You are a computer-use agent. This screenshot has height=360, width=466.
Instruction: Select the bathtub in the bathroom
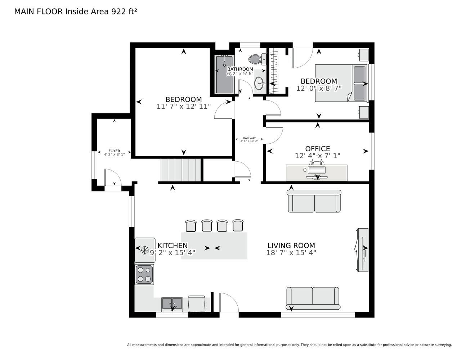(224, 75)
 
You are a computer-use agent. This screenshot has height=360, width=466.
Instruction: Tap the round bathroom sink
(260, 83)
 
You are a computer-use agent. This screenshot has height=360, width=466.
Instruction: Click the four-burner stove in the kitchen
(144, 274)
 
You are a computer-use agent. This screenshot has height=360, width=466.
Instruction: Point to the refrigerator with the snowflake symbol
(145, 250)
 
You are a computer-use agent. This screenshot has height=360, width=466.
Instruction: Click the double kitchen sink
(172, 304)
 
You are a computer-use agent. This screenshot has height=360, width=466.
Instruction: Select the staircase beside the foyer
(181, 170)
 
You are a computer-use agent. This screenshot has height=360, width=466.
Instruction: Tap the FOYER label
(114, 151)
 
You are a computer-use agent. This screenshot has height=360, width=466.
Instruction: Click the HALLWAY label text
(249, 138)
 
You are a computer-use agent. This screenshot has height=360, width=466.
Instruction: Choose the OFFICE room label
(318, 149)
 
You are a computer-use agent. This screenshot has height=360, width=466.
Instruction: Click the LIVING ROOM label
(291, 246)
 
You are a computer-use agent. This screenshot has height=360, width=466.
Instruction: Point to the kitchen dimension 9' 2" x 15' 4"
(172, 253)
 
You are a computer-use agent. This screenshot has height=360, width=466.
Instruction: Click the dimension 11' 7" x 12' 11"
(184, 107)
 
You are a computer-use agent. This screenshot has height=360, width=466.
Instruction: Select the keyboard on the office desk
(317, 170)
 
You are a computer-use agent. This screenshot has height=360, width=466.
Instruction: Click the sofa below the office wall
(314, 201)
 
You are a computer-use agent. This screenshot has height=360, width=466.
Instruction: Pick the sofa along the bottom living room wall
(313, 298)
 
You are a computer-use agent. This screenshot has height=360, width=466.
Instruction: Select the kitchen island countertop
(214, 246)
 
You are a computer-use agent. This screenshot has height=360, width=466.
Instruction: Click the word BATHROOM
(240, 69)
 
